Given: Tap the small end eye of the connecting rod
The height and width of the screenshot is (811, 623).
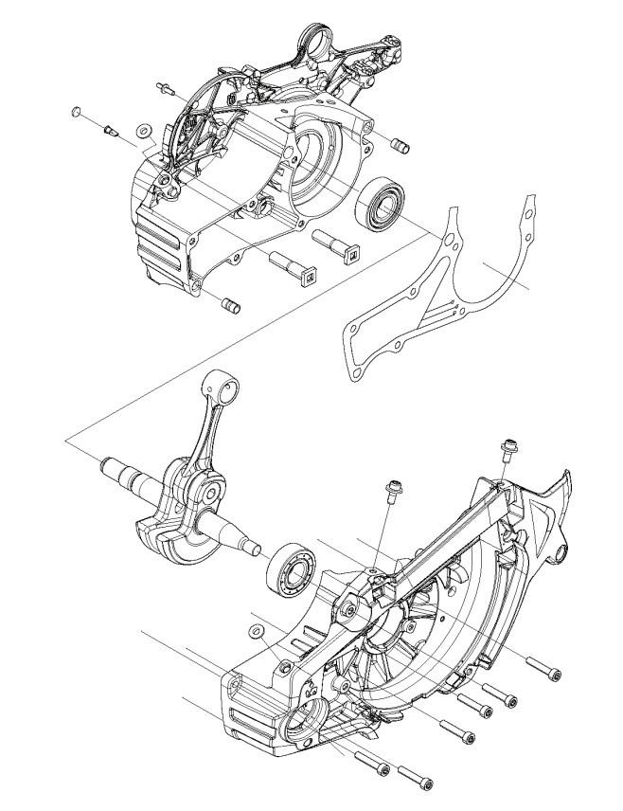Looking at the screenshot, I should (x=222, y=386).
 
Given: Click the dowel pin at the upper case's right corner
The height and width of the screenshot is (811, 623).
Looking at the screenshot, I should (x=400, y=146).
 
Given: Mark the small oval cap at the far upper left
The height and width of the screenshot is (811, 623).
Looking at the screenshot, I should (x=76, y=113).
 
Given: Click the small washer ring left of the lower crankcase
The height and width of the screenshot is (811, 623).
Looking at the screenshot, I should (x=255, y=631).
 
